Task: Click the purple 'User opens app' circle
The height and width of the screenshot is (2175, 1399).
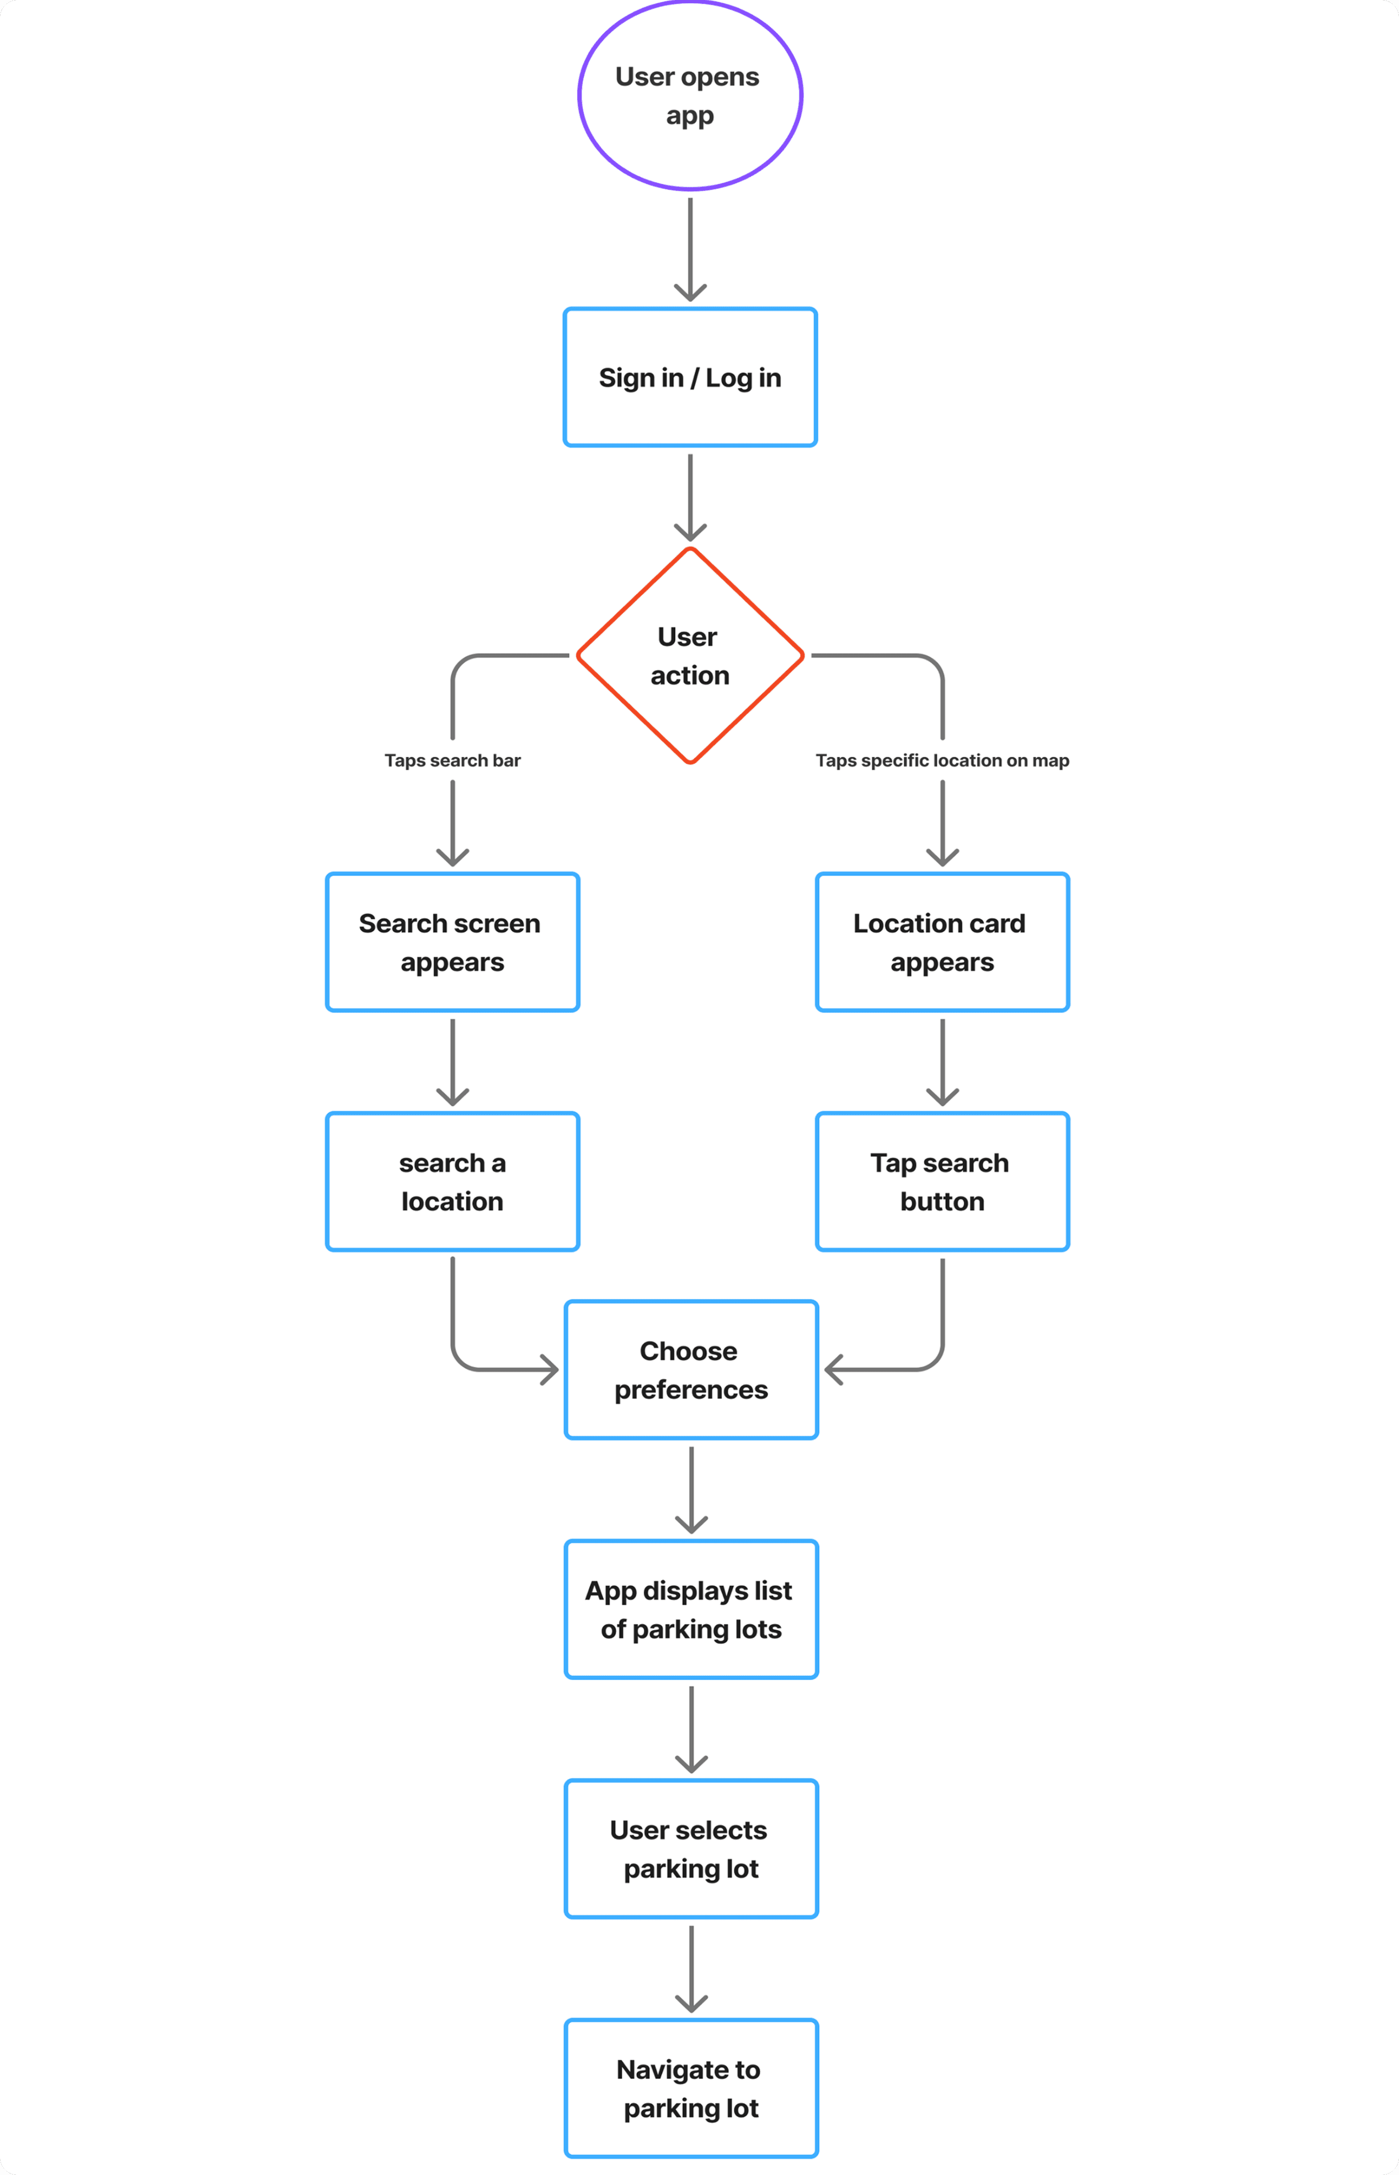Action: (690, 96)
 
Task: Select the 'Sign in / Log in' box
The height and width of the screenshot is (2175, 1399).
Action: (690, 377)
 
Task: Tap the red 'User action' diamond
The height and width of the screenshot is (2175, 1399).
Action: (690, 655)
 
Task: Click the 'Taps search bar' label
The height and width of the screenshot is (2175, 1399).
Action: (452, 760)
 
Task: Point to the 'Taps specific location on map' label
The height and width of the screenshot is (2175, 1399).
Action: (942, 760)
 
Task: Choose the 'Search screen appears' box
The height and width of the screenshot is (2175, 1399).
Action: (452, 942)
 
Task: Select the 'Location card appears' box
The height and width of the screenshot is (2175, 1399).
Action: (942, 942)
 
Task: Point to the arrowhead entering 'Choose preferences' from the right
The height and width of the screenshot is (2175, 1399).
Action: (833, 1369)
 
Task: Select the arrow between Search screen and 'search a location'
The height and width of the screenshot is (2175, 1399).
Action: (452, 1060)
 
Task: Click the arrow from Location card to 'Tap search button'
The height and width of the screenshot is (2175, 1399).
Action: (942, 1060)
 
